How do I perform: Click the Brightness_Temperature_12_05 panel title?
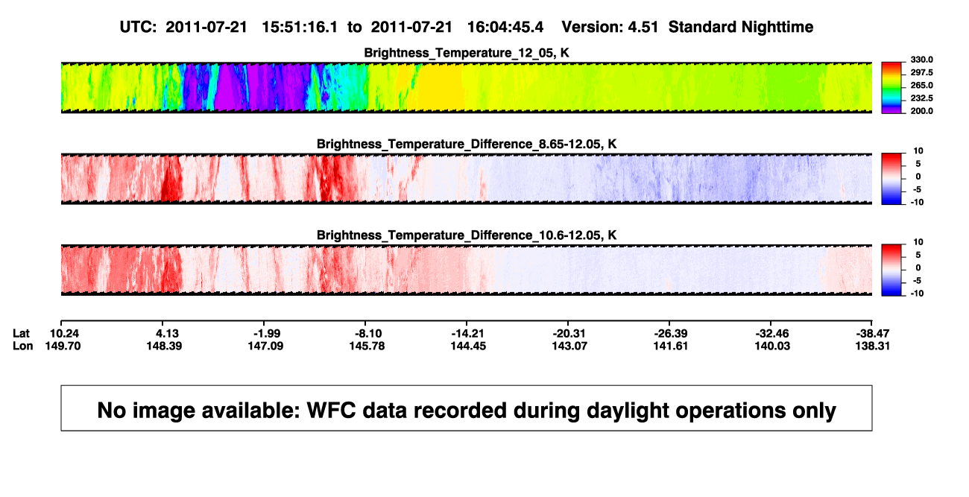[467, 53]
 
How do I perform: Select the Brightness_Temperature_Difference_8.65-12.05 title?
[467, 144]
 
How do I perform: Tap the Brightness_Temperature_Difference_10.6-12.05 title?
[467, 235]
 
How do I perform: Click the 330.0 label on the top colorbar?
[921, 60]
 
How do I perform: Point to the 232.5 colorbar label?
[921, 98]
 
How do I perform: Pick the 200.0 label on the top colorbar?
[921, 111]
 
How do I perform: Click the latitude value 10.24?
[64, 334]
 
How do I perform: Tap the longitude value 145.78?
[367, 346]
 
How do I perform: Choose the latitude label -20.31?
[569, 334]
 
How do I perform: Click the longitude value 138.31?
[872, 346]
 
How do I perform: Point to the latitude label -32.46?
[771, 334]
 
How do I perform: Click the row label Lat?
[21, 334]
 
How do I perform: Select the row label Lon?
[23, 346]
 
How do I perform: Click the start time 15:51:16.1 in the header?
[300, 28]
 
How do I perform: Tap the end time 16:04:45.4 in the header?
[505, 28]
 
